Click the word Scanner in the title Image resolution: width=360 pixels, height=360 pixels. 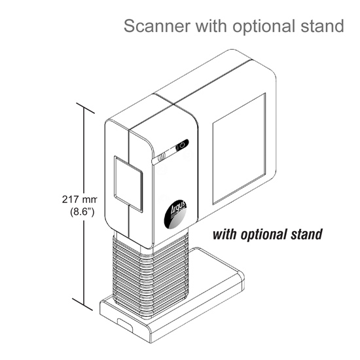[157, 26]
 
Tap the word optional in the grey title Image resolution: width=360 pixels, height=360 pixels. [264, 27]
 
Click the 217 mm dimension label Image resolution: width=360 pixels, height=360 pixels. [79, 199]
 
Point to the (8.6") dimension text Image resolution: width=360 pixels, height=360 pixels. [82, 211]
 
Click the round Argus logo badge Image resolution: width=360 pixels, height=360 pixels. [175, 214]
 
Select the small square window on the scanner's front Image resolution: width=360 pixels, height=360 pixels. [128, 184]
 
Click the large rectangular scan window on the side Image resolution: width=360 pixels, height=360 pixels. [239, 149]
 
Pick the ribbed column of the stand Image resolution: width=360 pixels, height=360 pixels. [151, 273]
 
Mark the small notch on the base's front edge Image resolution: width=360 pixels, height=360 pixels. [125, 325]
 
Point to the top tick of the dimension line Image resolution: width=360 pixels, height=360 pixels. [85, 108]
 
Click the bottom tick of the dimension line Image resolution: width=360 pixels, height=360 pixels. [82, 304]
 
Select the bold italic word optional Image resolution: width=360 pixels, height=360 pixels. [264, 235]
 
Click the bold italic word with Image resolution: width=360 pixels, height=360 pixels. [225, 234]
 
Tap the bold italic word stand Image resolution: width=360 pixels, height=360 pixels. [306, 234]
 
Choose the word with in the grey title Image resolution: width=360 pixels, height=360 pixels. [211, 26]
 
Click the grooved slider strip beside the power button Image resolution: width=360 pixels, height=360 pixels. [164, 156]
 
